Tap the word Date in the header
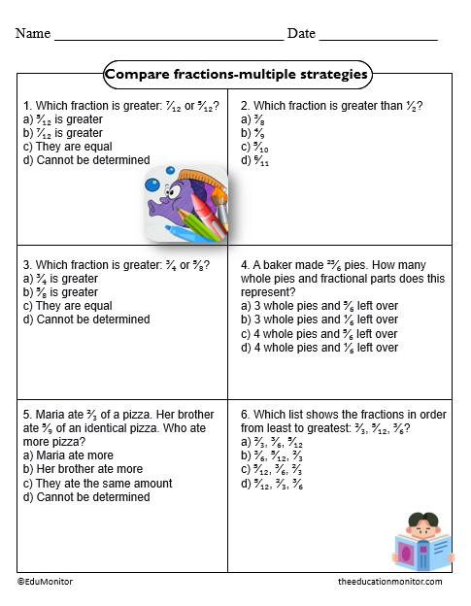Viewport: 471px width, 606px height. point(301,33)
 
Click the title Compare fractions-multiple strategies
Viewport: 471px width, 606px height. point(236,74)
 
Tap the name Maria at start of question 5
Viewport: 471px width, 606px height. point(51,414)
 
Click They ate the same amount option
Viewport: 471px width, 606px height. point(90,483)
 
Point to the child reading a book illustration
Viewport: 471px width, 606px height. point(421,543)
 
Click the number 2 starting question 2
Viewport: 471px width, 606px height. point(244,106)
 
